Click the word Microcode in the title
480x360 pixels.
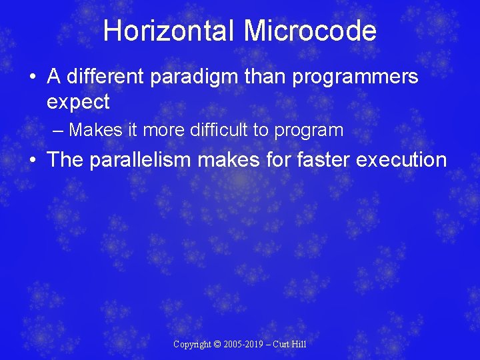point(310,31)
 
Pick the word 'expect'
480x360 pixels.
point(78,103)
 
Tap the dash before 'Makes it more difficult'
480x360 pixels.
point(58,130)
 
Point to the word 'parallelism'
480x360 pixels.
point(150,160)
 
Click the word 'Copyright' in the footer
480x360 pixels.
point(192,345)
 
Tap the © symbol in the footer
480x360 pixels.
point(217,345)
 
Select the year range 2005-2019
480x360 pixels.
point(244,345)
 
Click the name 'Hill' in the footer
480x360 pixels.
point(298,345)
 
